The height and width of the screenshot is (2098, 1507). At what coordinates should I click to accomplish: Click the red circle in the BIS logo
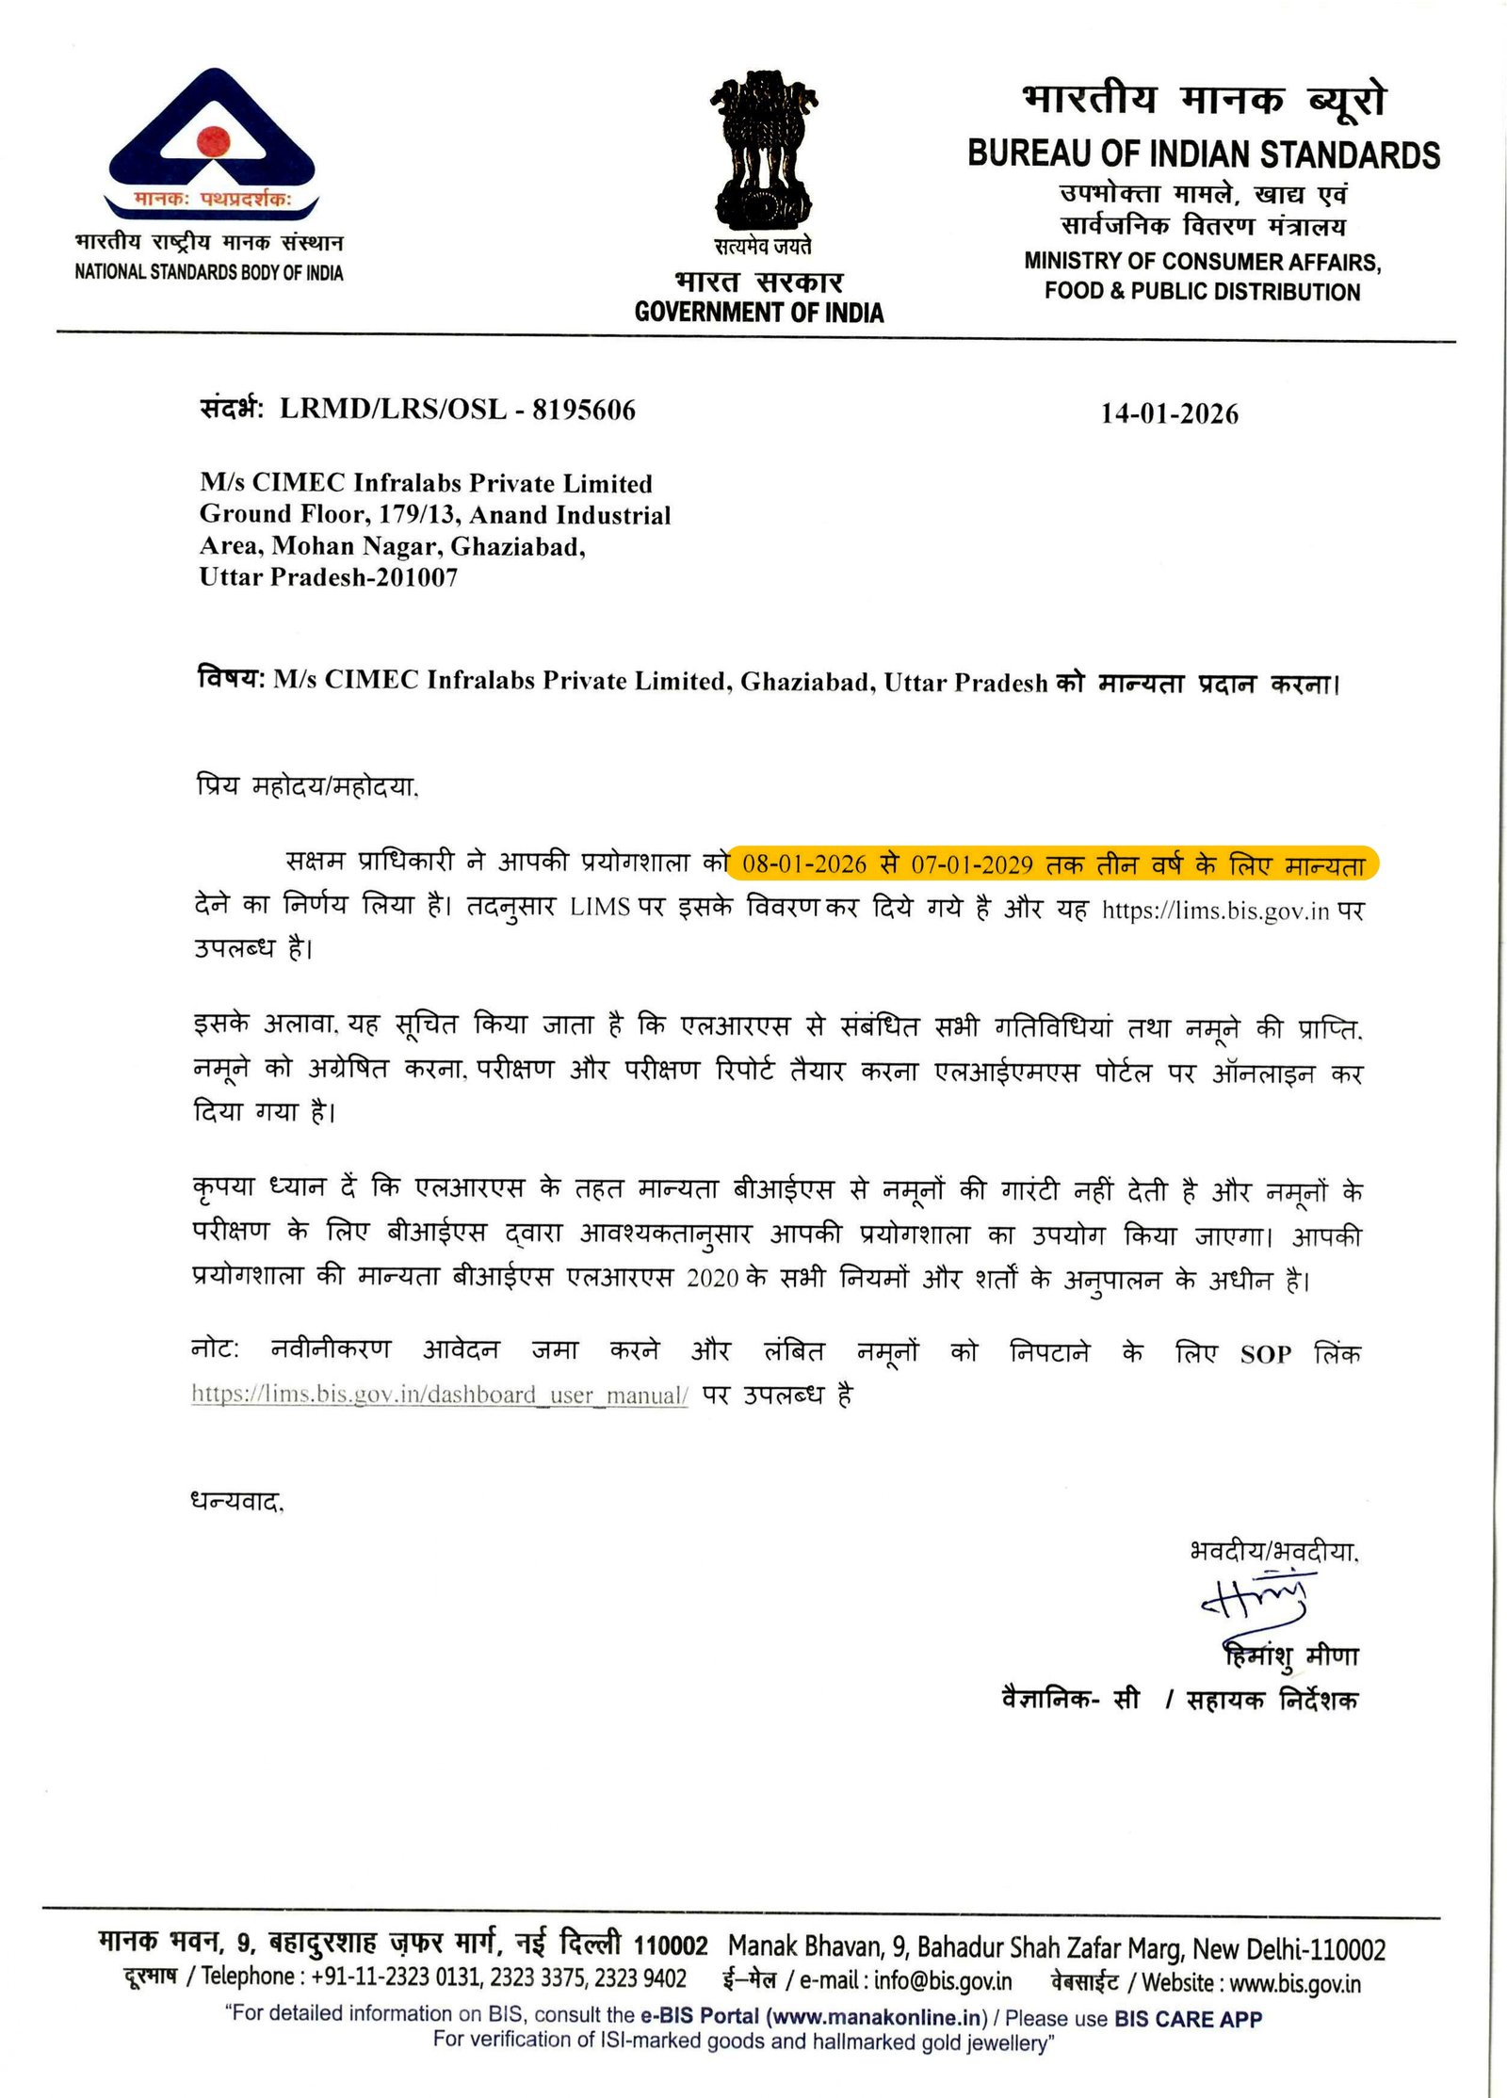[x=214, y=141]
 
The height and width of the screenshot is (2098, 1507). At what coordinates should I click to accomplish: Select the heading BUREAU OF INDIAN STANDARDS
[x=1203, y=154]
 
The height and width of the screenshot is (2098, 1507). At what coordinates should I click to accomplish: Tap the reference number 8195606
[x=584, y=410]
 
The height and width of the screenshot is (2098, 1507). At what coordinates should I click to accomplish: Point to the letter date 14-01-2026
[x=1169, y=413]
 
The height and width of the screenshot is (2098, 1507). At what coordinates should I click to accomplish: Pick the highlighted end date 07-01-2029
[x=971, y=864]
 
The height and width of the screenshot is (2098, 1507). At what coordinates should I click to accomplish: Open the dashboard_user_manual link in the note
[x=440, y=1395]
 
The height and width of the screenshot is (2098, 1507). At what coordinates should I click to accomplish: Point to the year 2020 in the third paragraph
[x=712, y=1279]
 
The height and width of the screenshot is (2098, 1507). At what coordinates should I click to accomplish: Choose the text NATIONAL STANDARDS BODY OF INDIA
[x=209, y=273]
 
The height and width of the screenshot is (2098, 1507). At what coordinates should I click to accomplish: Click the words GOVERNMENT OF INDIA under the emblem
[x=759, y=313]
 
